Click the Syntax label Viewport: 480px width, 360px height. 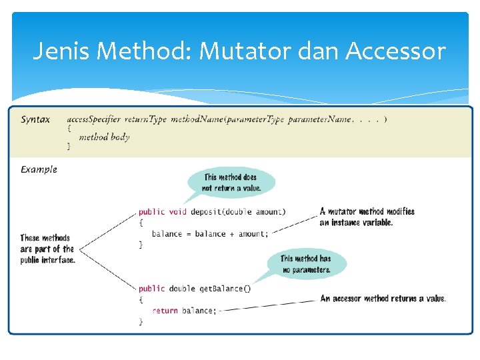point(35,120)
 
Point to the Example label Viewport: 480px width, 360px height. point(39,169)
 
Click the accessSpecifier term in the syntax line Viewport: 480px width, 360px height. point(93,119)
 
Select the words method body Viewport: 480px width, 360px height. point(104,137)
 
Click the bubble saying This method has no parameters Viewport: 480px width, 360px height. point(306,264)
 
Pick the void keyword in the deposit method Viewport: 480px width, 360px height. point(177,212)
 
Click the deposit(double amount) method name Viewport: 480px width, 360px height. point(237,212)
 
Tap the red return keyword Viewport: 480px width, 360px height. point(165,311)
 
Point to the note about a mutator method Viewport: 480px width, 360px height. point(367,217)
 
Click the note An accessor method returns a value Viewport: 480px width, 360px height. point(383,299)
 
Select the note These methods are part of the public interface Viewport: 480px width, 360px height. point(47,249)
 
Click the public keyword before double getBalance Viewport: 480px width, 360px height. point(151,289)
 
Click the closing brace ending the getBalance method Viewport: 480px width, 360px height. point(141,321)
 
